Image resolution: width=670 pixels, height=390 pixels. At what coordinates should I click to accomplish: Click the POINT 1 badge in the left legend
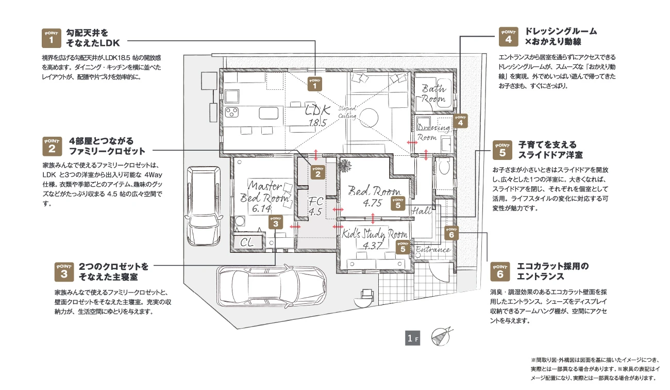(52, 38)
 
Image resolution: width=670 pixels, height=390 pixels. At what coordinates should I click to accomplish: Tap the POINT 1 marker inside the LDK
(315, 84)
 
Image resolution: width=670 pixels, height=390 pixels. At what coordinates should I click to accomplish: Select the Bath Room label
(434, 93)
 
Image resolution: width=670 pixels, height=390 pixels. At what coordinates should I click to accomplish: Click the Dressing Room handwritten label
(433, 132)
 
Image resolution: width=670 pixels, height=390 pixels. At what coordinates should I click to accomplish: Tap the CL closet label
(247, 242)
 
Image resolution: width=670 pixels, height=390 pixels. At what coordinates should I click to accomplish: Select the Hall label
(422, 211)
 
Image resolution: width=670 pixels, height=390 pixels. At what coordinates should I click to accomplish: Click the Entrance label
(433, 249)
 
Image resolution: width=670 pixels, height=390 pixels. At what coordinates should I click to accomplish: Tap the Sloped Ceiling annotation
(347, 112)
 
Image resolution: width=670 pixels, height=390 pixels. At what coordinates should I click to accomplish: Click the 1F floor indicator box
(412, 338)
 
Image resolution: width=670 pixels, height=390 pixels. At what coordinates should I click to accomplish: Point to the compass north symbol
(441, 337)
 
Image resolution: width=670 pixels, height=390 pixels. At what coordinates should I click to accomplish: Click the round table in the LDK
(368, 118)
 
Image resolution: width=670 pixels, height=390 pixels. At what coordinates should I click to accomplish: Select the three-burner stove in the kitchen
(232, 112)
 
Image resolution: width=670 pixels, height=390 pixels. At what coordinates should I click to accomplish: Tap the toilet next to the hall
(444, 167)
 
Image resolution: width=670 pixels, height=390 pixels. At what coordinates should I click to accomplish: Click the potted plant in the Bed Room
(345, 166)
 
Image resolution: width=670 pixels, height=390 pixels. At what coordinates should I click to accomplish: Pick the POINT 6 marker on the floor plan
(451, 233)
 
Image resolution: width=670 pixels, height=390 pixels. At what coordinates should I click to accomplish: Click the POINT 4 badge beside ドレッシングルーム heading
(509, 37)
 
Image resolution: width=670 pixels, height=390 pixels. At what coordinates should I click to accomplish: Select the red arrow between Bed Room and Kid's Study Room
(373, 219)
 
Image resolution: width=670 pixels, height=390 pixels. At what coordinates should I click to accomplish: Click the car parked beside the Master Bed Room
(203, 206)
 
